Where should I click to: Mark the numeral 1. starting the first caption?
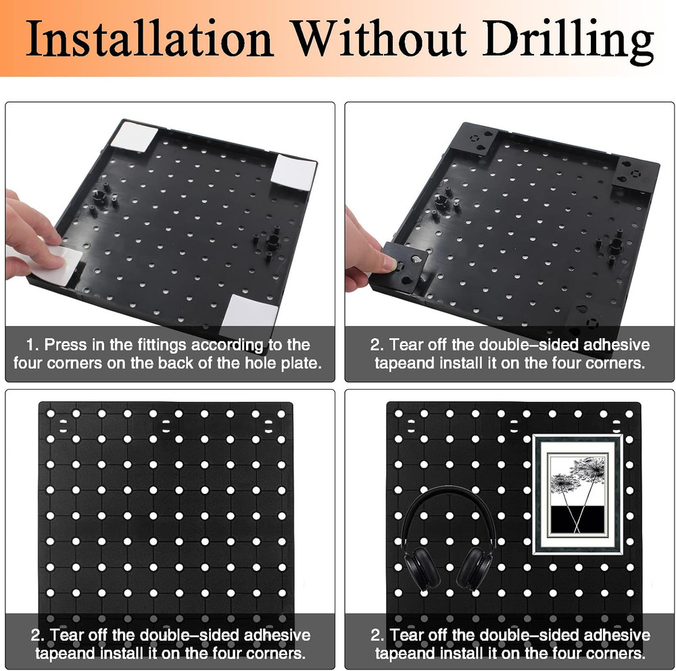click(x=32, y=345)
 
